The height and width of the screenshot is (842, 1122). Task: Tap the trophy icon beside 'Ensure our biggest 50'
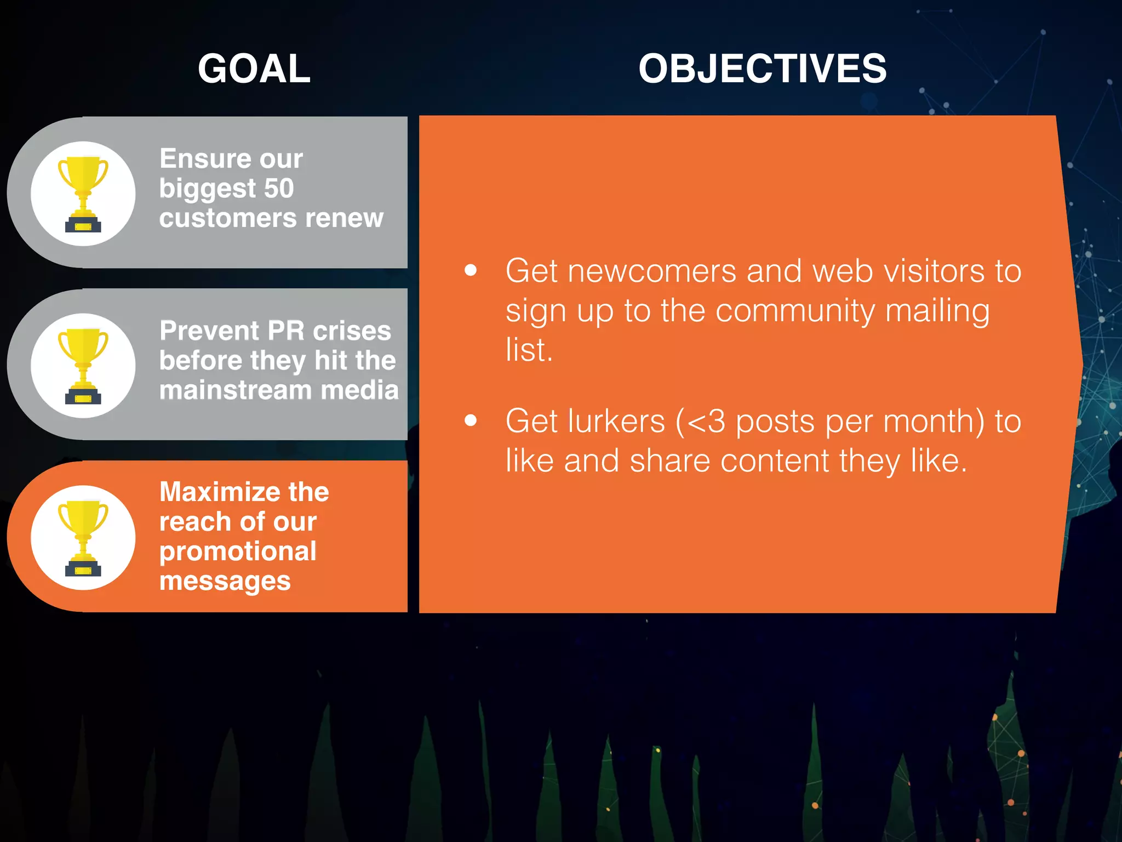[83, 194]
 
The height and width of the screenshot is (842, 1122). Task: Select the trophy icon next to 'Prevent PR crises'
[83, 366]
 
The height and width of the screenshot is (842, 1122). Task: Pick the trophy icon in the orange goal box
[83, 538]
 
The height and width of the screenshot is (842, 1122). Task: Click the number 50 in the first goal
[279, 189]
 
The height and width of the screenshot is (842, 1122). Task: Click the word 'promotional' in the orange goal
[238, 551]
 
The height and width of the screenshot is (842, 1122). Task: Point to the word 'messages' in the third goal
[225, 581]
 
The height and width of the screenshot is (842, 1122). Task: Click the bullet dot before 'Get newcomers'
[471, 270]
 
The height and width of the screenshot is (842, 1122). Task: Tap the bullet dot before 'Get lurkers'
[471, 420]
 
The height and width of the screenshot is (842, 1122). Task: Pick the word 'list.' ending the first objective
[529, 350]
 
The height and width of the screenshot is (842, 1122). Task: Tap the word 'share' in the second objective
[669, 461]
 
